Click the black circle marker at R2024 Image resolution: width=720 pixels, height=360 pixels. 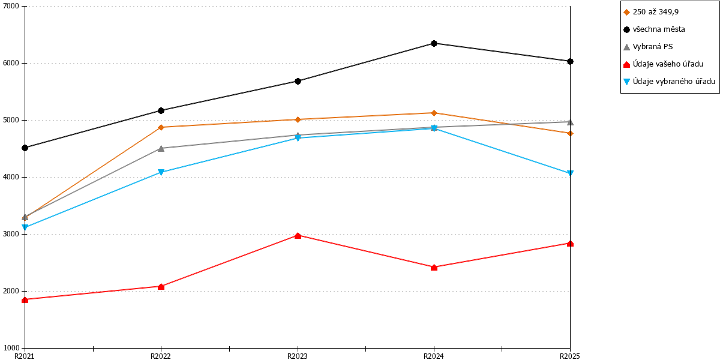(x=434, y=43)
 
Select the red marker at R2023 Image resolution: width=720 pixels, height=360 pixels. (x=298, y=236)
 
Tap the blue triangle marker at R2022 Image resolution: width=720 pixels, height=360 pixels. (x=161, y=172)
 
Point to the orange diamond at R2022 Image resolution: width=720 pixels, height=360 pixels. (x=161, y=127)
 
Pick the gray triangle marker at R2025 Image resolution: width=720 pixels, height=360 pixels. (x=570, y=122)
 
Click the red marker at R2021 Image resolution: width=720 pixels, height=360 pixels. (x=25, y=300)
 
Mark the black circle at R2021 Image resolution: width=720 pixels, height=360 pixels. (x=25, y=148)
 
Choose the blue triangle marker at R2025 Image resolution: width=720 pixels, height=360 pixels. (x=570, y=173)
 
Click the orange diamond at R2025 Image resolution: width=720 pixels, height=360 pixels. (x=570, y=133)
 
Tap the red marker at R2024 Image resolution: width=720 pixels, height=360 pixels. (x=434, y=268)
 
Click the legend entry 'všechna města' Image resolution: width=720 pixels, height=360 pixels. (x=659, y=29)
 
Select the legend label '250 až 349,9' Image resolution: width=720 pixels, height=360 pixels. (x=656, y=12)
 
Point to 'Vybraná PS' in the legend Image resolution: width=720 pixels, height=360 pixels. (x=653, y=47)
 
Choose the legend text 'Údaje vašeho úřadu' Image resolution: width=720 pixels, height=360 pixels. (x=668, y=64)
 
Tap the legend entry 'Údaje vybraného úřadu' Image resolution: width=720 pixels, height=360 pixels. (x=674, y=82)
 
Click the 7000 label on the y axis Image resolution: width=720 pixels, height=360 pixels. (x=11, y=6)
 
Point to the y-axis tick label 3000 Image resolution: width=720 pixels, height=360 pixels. (x=11, y=234)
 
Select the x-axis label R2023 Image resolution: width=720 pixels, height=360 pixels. (x=298, y=356)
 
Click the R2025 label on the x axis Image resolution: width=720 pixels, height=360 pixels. (x=570, y=356)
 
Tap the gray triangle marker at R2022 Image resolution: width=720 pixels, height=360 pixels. (x=161, y=148)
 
